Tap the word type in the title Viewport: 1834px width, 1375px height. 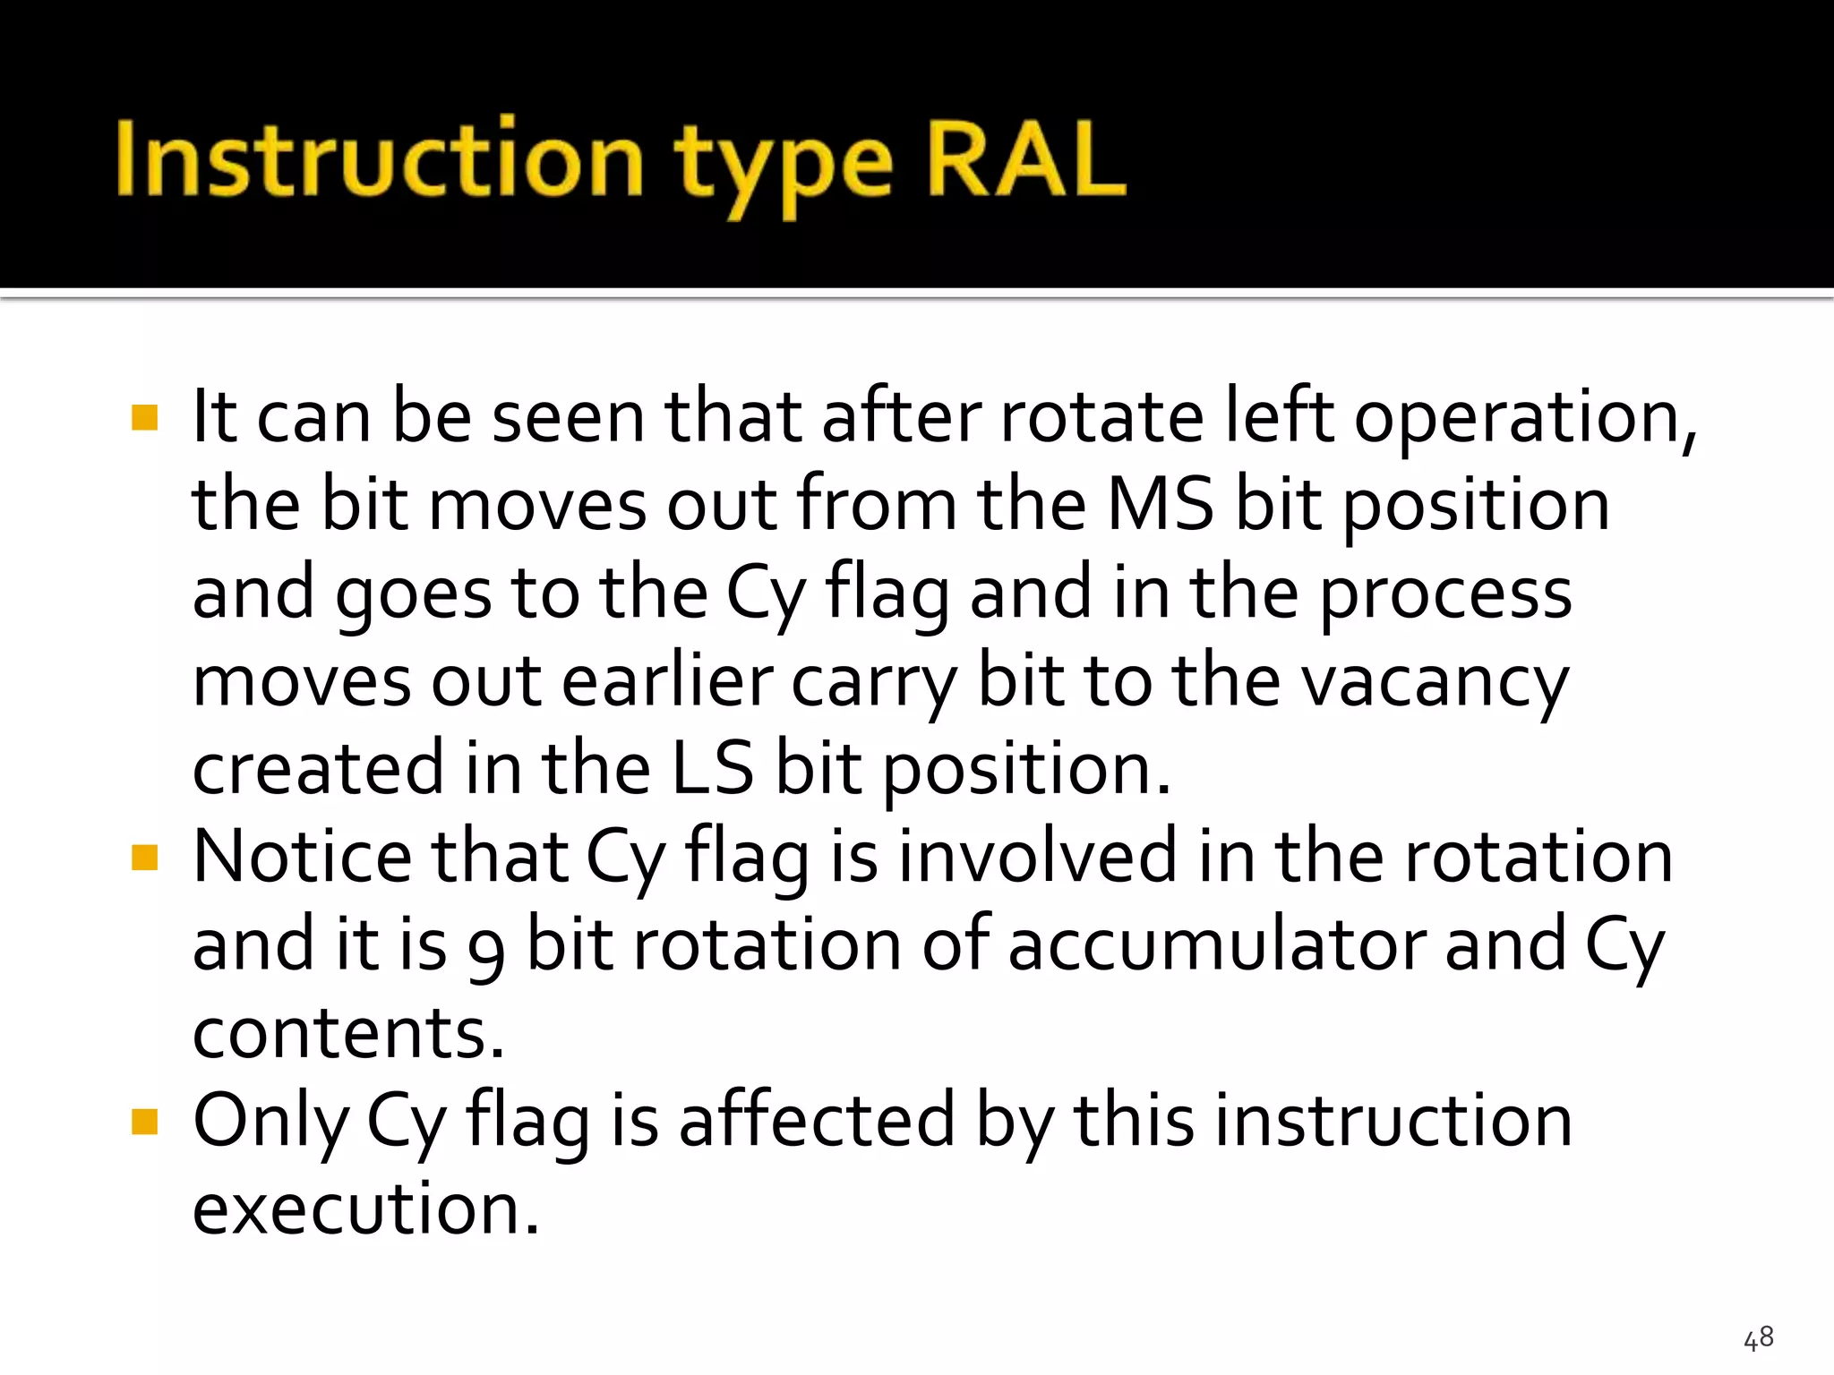point(784,166)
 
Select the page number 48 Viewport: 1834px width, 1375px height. point(1758,1337)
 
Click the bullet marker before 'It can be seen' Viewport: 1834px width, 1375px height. point(144,418)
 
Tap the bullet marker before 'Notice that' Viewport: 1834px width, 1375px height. point(144,858)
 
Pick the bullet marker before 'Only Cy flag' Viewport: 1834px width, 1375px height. point(144,1122)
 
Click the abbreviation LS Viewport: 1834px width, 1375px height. point(712,769)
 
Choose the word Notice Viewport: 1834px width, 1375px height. point(303,857)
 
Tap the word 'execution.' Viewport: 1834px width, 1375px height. point(366,1208)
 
